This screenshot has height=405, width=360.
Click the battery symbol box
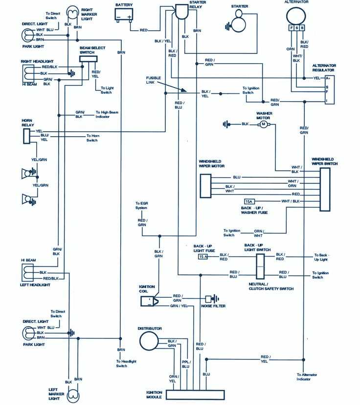(x=124, y=16)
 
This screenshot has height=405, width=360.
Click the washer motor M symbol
(x=264, y=124)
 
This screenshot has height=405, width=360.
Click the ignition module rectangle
(x=195, y=395)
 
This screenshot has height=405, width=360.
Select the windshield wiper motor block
(x=206, y=185)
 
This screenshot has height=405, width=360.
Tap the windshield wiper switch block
(x=325, y=190)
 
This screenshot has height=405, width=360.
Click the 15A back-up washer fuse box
(x=249, y=202)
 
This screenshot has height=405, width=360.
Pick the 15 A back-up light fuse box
(x=203, y=257)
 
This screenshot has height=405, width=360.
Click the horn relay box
(x=26, y=136)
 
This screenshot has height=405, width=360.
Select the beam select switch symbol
(x=89, y=59)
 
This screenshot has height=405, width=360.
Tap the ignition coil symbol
(x=149, y=301)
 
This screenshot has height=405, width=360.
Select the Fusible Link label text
(x=153, y=80)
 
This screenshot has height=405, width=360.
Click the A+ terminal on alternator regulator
(x=328, y=78)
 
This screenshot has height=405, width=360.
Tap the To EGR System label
(x=141, y=206)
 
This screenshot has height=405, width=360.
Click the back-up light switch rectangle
(x=259, y=267)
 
